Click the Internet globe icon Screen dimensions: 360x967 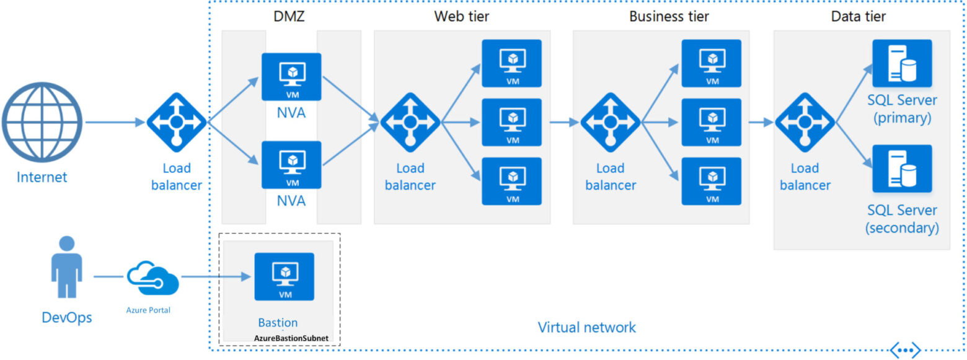[42, 123]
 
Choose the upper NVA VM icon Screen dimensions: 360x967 [291, 77]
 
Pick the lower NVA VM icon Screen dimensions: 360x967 [291, 165]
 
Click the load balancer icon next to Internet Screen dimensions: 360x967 [176, 122]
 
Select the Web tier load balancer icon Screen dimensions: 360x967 [410, 122]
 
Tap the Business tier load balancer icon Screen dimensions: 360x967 [610, 122]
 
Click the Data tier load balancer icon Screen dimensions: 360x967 [805, 122]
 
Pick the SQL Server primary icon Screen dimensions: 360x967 [902, 63]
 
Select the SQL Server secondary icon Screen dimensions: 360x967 [902, 169]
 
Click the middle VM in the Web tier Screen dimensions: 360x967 [512, 122]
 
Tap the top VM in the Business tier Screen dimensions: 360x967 [712, 63]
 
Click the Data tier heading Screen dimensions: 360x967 [858, 17]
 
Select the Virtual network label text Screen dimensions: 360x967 [586, 327]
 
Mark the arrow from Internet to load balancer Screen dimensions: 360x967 [115, 122]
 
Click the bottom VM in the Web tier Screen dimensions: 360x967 [512, 181]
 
